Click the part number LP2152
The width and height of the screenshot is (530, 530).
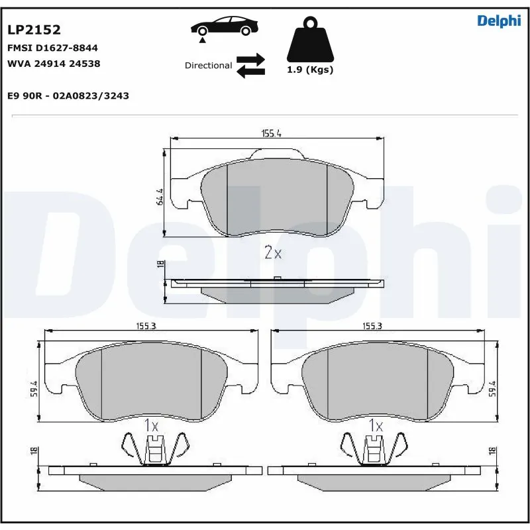[34, 30]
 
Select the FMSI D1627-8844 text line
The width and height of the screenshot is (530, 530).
[52, 48]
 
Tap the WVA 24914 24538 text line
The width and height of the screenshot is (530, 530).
[53, 64]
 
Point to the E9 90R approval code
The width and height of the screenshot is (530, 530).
[68, 95]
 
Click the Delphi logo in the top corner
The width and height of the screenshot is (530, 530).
[499, 21]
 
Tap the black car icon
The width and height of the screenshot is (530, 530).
[223, 28]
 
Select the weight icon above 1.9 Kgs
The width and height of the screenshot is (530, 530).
[309, 41]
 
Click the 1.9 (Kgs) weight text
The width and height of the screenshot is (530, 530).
[309, 70]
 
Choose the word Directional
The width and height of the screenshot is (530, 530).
[208, 66]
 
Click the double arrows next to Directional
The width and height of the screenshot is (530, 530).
[250, 66]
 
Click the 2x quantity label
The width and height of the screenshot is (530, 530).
[273, 252]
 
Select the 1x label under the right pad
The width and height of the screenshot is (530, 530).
[376, 425]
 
